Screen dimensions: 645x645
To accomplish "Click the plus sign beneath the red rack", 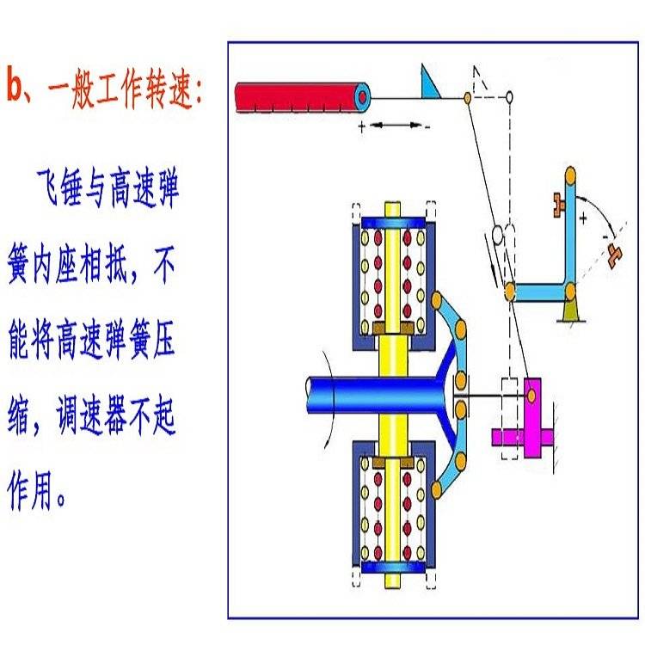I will click(x=361, y=126).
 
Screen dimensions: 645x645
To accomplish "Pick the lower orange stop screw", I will click(x=614, y=253).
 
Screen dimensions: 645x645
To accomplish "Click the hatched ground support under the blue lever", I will click(x=568, y=314).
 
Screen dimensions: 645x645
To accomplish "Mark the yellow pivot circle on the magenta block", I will click(x=533, y=394).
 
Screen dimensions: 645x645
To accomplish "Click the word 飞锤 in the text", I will click(x=64, y=190).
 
